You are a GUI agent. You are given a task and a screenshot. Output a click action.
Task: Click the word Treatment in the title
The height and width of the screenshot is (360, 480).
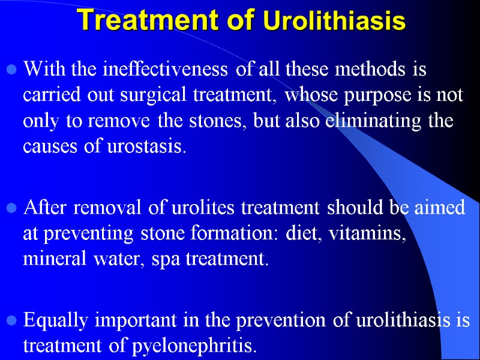[x=160, y=20]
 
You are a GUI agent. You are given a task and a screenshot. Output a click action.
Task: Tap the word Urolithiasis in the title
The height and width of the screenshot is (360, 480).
[x=334, y=22]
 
